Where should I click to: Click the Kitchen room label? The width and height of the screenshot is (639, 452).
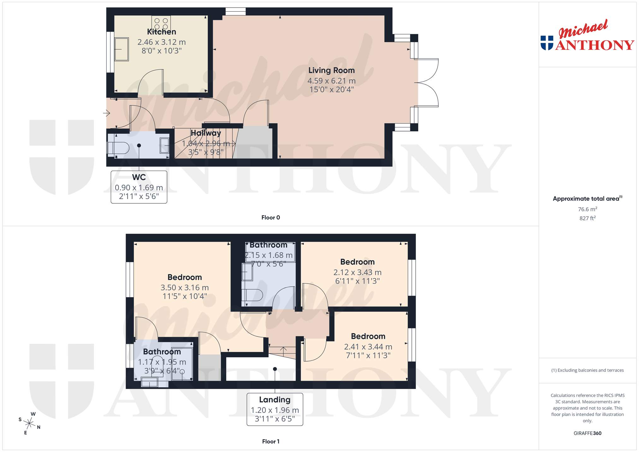pos(162,32)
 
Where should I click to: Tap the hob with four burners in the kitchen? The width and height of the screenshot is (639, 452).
pos(161,23)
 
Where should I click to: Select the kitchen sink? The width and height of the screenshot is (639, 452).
pos(121,49)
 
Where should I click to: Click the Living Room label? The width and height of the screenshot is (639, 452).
pos(331,71)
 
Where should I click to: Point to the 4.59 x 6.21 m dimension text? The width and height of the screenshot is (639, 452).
pos(331,81)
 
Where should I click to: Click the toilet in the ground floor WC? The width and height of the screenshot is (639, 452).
pos(118,148)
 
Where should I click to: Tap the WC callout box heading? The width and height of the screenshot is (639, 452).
pos(139,178)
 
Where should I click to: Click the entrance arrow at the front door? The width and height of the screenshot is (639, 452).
pos(106,113)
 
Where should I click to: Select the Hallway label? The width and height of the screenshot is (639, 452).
pos(206,133)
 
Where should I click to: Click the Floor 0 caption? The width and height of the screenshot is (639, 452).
pos(270,218)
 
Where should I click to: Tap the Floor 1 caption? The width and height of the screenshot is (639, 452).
pos(271,442)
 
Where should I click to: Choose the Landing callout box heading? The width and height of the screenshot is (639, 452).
pos(275,400)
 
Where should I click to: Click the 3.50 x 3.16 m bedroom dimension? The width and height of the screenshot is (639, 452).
pos(185,288)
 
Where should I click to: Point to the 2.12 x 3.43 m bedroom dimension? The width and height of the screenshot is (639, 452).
pos(358,273)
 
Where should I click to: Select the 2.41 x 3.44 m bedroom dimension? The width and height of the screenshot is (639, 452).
pos(368,347)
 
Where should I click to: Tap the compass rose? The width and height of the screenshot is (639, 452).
pos(29,423)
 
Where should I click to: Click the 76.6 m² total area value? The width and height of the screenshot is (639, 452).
pos(587,209)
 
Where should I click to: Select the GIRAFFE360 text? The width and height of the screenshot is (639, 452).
pos(587,433)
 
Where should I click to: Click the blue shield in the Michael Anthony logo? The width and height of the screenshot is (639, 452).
pos(547,43)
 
